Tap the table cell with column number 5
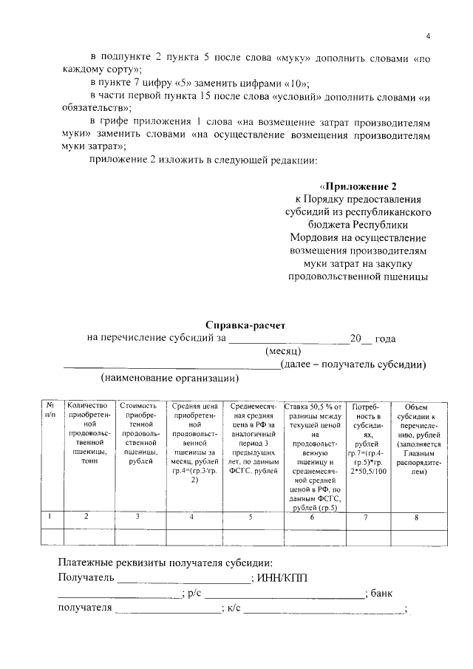point(251,517)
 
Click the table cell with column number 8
point(418,517)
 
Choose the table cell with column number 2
point(87,517)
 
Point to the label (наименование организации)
point(170,378)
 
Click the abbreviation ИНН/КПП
point(285,577)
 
